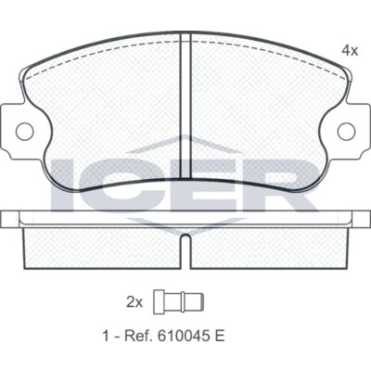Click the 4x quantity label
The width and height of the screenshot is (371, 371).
350,50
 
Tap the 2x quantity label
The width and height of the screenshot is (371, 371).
134,302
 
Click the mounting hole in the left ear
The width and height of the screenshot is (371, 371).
24,132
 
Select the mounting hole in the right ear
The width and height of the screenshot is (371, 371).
346,132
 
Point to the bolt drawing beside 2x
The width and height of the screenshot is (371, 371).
179,302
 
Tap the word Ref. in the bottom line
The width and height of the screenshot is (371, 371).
139,337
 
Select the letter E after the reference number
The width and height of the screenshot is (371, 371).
219,337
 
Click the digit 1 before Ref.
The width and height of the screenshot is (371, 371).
106,337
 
